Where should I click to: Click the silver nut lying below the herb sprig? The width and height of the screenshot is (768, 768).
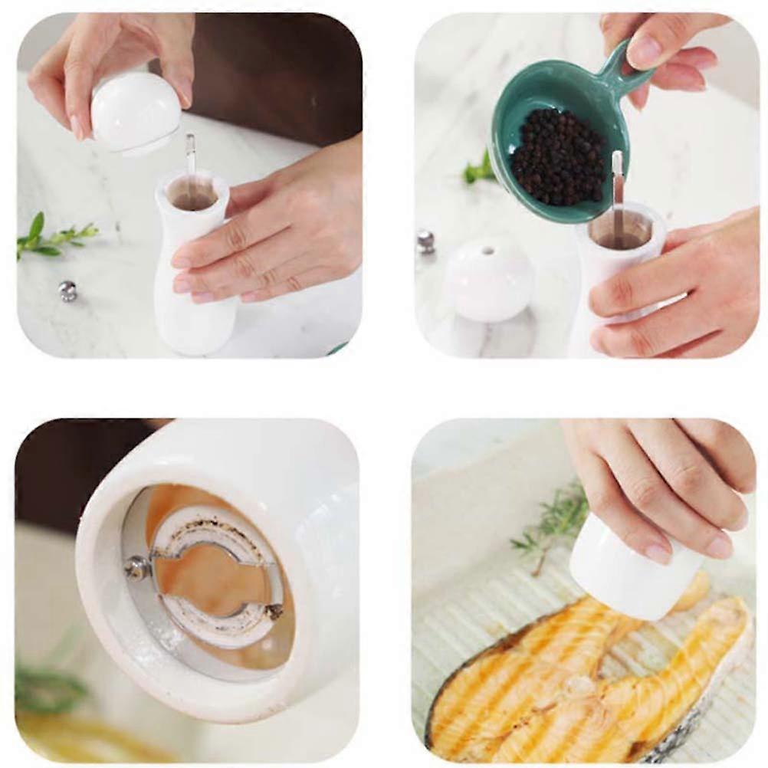(x=68, y=290)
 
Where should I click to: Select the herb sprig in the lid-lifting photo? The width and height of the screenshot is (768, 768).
(x=54, y=238)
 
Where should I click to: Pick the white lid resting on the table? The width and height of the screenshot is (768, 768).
(x=488, y=279)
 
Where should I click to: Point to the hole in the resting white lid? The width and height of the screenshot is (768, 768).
(x=487, y=251)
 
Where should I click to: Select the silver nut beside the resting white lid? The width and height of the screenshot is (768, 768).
(x=425, y=241)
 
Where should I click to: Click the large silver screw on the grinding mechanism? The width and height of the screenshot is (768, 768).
(x=139, y=567)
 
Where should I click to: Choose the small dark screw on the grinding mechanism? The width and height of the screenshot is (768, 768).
(x=274, y=612)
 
